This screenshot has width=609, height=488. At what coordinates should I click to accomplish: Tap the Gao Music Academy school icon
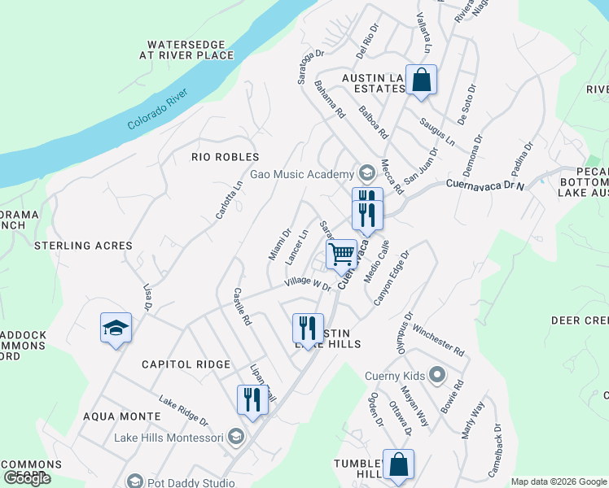(366, 172)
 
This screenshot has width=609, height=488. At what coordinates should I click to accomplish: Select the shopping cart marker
(342, 254)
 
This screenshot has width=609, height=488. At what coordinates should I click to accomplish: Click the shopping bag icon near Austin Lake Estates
(421, 81)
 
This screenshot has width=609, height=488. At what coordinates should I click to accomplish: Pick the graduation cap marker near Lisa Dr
(116, 328)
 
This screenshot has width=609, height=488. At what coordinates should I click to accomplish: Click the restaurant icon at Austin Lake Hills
(308, 329)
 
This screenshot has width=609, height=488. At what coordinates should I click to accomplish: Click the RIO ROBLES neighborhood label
(225, 157)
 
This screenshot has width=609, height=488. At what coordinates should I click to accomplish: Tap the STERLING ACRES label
(83, 245)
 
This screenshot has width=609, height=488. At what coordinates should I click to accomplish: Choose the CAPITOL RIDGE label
(186, 364)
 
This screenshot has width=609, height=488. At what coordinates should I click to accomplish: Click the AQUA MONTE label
(122, 416)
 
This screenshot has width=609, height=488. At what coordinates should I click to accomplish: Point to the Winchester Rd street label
(438, 341)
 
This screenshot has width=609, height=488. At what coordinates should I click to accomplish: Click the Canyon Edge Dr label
(392, 277)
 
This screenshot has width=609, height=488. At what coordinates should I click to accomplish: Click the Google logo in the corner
(27, 478)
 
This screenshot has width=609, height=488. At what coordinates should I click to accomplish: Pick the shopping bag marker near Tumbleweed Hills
(398, 465)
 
